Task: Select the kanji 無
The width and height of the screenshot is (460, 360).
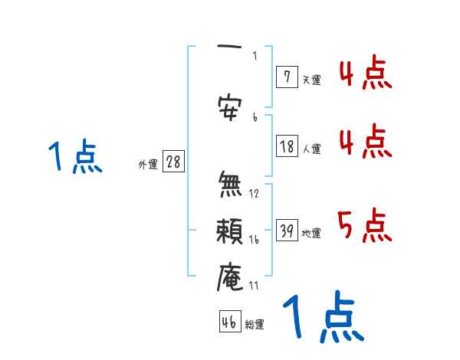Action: tap(230, 185)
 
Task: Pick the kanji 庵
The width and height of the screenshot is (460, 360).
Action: tap(230, 277)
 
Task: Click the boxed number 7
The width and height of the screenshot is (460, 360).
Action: tap(286, 77)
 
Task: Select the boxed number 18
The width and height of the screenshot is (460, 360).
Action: tap(287, 146)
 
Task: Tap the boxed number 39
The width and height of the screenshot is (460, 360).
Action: tap(287, 231)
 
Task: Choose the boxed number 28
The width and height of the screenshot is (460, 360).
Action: tap(173, 162)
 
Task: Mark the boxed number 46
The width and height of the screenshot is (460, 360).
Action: tap(228, 322)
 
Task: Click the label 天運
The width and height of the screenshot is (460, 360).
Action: tap(311, 79)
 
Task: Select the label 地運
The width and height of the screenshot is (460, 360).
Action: tap(311, 233)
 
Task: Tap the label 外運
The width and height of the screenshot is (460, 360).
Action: tap(147, 165)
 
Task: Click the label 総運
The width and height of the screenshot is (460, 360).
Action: tap(255, 325)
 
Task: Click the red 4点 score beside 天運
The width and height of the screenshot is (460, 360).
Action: tap(364, 75)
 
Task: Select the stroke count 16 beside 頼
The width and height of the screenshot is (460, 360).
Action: tap(254, 240)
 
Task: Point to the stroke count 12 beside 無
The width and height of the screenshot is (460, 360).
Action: tap(254, 193)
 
